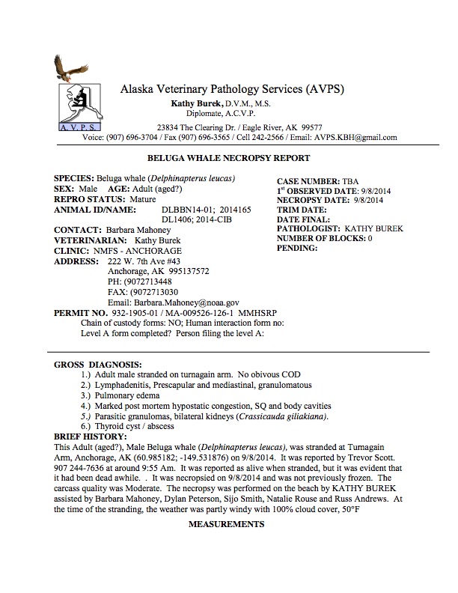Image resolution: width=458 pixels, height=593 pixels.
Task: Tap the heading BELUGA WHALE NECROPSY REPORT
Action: pyautogui.click(x=230, y=158)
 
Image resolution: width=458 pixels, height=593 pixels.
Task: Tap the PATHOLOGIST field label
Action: pyautogui.click(x=309, y=229)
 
